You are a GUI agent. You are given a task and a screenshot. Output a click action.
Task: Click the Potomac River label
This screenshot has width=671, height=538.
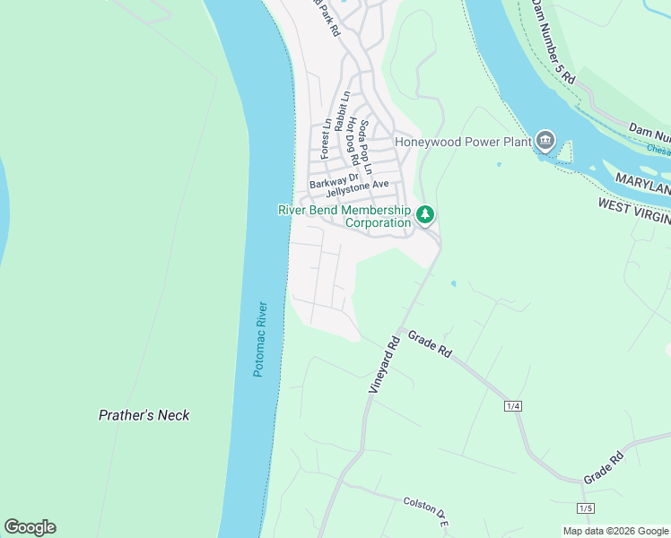[258, 338]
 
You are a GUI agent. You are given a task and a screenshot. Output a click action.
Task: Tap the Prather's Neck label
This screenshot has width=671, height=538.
[144, 415]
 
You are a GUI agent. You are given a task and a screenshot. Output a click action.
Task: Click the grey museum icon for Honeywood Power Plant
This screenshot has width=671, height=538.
[545, 141]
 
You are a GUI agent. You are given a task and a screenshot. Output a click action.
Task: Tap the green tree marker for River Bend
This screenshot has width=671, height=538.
[425, 215]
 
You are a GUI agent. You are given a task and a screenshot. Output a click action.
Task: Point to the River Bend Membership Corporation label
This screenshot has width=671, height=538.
[345, 216]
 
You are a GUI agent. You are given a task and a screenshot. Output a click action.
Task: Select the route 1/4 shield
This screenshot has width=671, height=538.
[513, 406]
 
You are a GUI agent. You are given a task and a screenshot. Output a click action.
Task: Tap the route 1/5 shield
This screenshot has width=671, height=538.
[585, 508]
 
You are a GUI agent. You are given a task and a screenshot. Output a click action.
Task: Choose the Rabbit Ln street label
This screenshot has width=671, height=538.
[341, 111]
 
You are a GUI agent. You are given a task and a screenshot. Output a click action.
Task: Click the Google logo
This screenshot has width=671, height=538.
[30, 526]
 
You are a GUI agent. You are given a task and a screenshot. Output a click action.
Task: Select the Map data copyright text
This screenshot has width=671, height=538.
[615, 531]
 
